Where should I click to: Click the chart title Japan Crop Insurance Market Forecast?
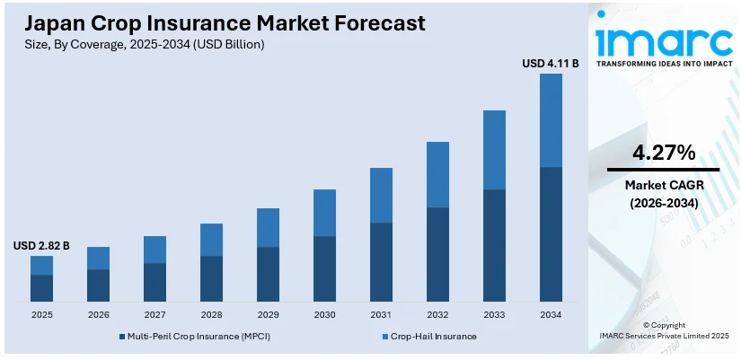[x=219, y=22]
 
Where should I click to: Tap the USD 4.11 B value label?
[x=550, y=64]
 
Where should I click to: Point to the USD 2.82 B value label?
[x=41, y=246]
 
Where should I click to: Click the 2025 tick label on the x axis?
[x=41, y=314]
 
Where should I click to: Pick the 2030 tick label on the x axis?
[x=324, y=314]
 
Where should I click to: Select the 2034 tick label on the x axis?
[x=551, y=314]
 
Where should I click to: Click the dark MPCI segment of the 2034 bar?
[x=551, y=233]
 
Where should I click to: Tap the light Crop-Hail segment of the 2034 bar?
[x=551, y=120]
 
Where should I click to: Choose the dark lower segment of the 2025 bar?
[x=41, y=287]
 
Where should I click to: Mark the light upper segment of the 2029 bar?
[x=268, y=228]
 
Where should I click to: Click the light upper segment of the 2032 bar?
[x=437, y=175]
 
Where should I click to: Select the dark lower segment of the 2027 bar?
[x=154, y=282]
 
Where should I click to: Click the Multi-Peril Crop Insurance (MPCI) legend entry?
[x=193, y=336]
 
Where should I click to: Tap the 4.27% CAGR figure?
[x=663, y=153]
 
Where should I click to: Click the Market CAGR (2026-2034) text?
[x=663, y=194]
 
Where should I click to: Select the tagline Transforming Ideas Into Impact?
[x=663, y=65]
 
